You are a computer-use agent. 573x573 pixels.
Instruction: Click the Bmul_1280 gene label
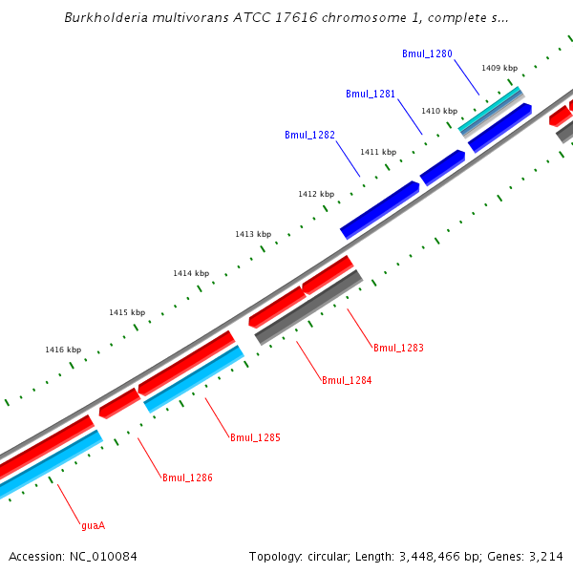pyautogui.click(x=427, y=55)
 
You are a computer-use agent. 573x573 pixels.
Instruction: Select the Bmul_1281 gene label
pyautogui.click(x=370, y=94)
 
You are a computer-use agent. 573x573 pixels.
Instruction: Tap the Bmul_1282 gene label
pyautogui.click(x=309, y=135)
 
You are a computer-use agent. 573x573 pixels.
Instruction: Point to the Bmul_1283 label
pyautogui.click(x=398, y=348)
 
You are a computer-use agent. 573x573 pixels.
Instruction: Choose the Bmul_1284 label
pyautogui.click(x=347, y=380)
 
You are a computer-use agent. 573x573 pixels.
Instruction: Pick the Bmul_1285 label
pyautogui.click(x=255, y=437)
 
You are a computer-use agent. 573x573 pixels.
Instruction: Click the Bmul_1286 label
pyautogui.click(x=187, y=477)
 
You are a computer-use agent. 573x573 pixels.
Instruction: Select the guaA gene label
pyautogui.click(x=93, y=524)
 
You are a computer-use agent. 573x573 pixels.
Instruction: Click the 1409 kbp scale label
pyautogui.click(x=499, y=68)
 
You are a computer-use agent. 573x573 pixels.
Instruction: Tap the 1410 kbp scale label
pyautogui.click(x=439, y=111)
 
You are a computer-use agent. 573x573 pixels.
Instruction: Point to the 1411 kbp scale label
pyautogui.click(x=378, y=152)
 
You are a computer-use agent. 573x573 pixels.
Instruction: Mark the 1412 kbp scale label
pyautogui.click(x=316, y=194)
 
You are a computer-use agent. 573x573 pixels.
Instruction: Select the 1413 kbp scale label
pyautogui.click(x=253, y=234)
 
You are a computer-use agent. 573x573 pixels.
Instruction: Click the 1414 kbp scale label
pyautogui.click(x=191, y=273)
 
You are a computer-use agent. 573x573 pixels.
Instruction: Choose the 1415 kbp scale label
pyautogui.click(x=127, y=312)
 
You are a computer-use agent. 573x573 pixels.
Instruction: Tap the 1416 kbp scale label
pyautogui.click(x=63, y=350)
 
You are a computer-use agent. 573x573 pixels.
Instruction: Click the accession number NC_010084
pyautogui.click(x=98, y=556)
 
